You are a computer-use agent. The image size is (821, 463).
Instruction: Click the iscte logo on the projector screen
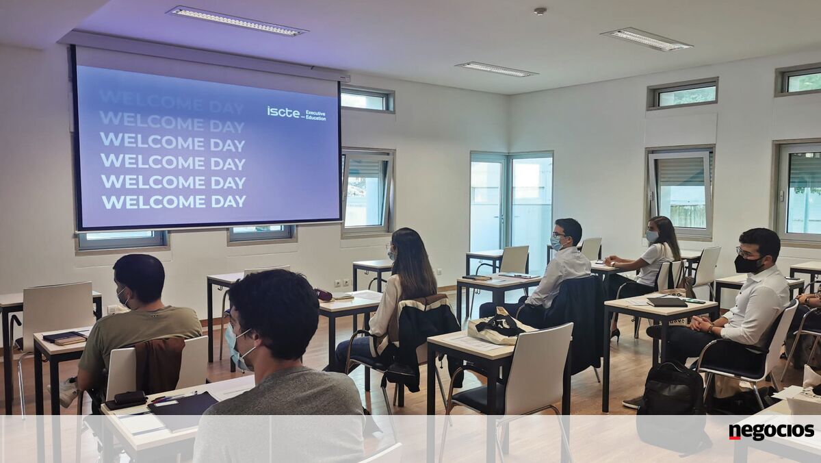283,112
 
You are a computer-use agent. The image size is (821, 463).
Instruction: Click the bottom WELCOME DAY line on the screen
173,202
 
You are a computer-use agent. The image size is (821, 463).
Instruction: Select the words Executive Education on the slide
315,115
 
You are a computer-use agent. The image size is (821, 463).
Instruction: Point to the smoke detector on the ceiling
540,11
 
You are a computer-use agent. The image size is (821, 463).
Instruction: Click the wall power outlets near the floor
342,283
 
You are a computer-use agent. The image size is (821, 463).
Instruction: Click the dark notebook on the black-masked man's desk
666,302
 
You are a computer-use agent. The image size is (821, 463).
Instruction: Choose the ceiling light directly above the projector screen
237,21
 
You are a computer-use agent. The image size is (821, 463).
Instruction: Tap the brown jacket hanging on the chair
159,366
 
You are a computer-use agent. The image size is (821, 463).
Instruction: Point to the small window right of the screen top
367,99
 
